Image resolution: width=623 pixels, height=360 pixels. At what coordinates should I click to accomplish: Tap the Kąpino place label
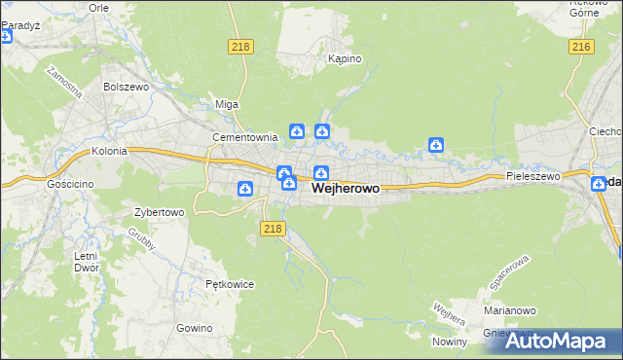345,58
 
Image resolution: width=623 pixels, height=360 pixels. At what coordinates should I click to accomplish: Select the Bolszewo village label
125,86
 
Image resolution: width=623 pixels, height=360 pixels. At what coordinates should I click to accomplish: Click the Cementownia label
246,137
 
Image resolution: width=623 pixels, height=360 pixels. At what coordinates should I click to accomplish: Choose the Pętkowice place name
230,284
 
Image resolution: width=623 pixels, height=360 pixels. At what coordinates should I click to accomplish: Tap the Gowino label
195,328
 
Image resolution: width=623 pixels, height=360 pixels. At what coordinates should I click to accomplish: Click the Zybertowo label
159,211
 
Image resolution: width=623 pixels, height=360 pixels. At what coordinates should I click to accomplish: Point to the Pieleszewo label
533,176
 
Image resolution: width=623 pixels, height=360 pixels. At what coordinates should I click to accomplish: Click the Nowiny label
452,342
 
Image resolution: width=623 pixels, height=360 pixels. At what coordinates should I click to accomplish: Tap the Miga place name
227,104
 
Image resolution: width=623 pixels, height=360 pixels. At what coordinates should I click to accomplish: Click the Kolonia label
110,152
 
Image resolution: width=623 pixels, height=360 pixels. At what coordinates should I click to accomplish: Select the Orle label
98,7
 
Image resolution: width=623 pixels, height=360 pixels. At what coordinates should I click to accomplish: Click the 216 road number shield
582,47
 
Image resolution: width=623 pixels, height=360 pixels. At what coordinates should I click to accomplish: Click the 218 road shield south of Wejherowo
274,229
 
